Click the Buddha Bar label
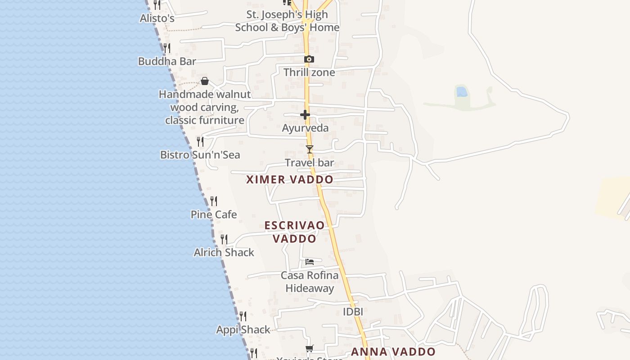[167, 61]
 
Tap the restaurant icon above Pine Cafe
[214, 201]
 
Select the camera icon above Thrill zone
[309, 59]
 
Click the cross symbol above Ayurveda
[305, 115]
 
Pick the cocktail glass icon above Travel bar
[309, 149]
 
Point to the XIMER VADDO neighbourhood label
[290, 180]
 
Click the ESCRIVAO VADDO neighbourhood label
[295, 232]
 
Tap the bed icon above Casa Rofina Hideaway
[309, 261]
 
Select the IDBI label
[353, 311]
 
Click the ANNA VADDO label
[393, 352]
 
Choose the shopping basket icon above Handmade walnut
[205, 81]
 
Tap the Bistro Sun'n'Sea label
[200, 155]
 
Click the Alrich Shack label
[224, 252]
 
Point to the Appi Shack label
[243, 330]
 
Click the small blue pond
[462, 92]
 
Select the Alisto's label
[157, 18]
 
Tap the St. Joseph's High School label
[287, 21]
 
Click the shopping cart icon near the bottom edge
[309, 348]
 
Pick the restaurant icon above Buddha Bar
[166, 48]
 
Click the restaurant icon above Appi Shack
[243, 316]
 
